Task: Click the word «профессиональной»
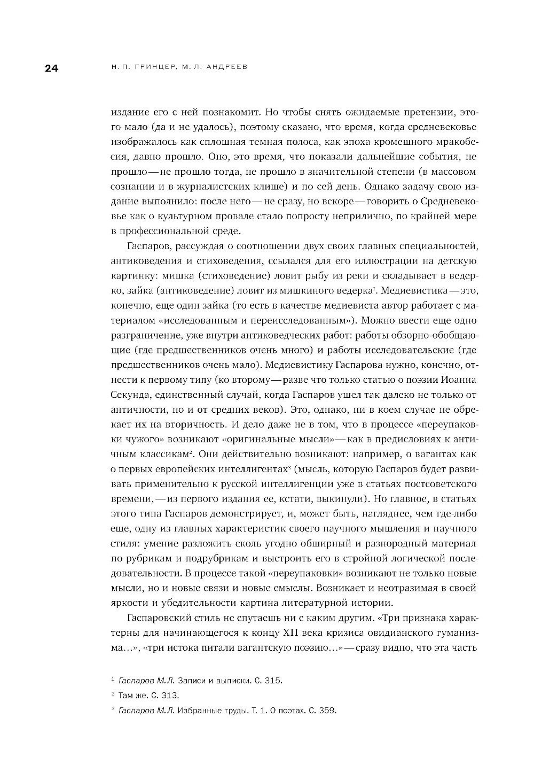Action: (x=164, y=232)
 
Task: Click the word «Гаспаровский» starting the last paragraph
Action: (x=161, y=618)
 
